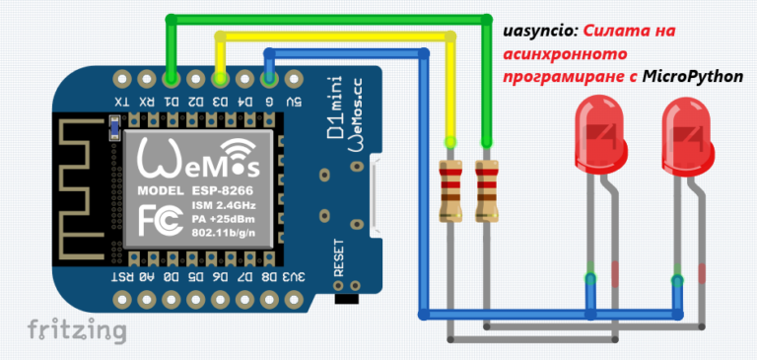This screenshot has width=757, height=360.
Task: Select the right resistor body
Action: click(485, 188)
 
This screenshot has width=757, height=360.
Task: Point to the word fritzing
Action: click(76, 329)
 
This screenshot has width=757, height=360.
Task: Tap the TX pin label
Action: click(119, 102)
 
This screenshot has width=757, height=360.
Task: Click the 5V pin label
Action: click(293, 102)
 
